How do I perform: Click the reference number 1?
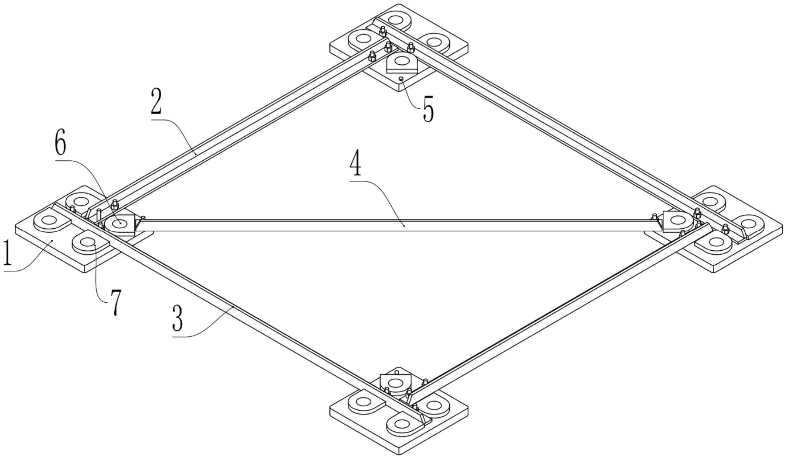pos(7,252)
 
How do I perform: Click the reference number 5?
pos(428,109)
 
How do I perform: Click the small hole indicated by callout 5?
pos(401,79)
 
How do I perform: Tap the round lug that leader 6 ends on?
pos(120,225)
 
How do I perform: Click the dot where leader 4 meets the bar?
pos(404,226)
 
